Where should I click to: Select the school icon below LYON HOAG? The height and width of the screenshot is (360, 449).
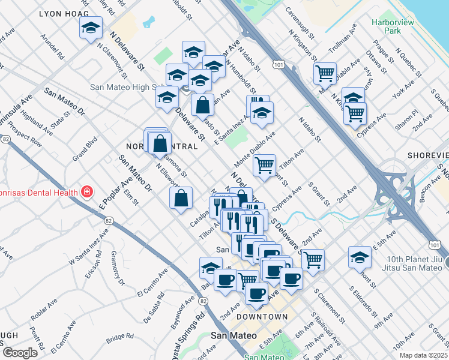(x=91, y=28)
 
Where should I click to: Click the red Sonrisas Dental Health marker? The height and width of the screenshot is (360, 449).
(x=88, y=192)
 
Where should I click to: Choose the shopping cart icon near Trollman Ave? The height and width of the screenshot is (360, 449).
(x=325, y=73)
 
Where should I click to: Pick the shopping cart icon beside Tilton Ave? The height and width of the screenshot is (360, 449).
(x=264, y=164)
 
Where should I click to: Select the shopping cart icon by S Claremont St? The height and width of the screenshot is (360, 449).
(x=313, y=260)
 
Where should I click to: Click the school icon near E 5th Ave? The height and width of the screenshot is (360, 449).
(x=360, y=257)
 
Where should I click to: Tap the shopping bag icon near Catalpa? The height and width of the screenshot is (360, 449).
(x=181, y=197)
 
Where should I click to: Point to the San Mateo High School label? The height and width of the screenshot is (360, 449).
(x=123, y=86)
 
